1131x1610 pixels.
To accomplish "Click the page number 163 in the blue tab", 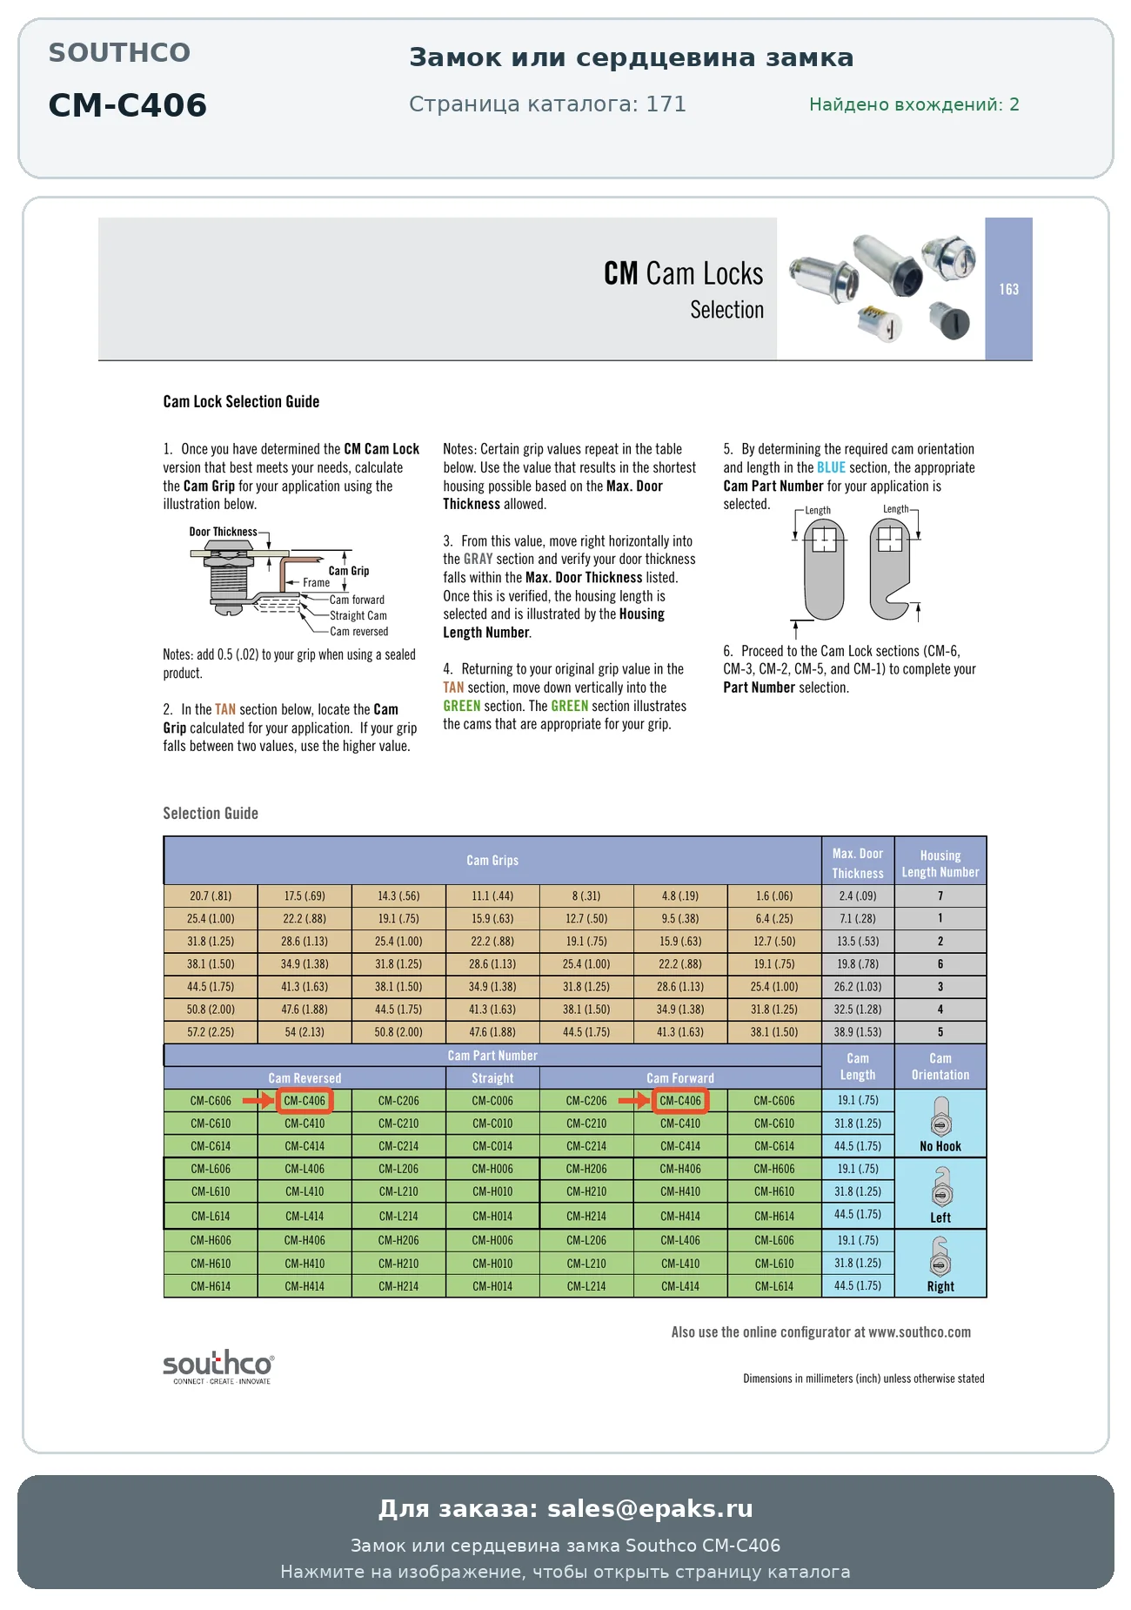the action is click(x=1008, y=289).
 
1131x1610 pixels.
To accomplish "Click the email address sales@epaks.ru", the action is click(x=650, y=1508).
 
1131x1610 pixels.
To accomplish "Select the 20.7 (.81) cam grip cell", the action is click(x=211, y=896).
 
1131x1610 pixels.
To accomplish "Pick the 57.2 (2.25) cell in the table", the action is click(x=211, y=1031).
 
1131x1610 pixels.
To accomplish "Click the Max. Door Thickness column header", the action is click(x=858, y=862).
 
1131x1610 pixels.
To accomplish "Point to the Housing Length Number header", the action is click(x=940, y=863).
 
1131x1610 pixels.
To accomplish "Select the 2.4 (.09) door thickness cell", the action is click(x=858, y=896).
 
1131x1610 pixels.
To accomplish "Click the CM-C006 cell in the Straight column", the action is click(x=492, y=1101).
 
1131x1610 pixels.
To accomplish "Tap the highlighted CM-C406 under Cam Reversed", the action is click(x=304, y=1101).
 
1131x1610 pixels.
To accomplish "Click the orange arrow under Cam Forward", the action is click(x=635, y=1101).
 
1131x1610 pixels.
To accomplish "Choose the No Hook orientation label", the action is click(x=940, y=1146).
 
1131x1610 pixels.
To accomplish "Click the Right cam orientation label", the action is click(x=940, y=1286).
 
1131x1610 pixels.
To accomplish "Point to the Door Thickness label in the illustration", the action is click(x=224, y=532).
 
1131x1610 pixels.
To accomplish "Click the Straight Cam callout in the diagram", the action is click(x=358, y=615).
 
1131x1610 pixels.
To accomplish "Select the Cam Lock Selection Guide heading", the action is click(x=241, y=401).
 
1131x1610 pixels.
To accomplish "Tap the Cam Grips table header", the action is click(x=492, y=861).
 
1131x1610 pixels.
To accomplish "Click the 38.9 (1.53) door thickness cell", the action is click(x=858, y=1031).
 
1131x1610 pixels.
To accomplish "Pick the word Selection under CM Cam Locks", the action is click(x=727, y=310).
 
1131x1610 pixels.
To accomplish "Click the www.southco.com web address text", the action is click(x=920, y=1332).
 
